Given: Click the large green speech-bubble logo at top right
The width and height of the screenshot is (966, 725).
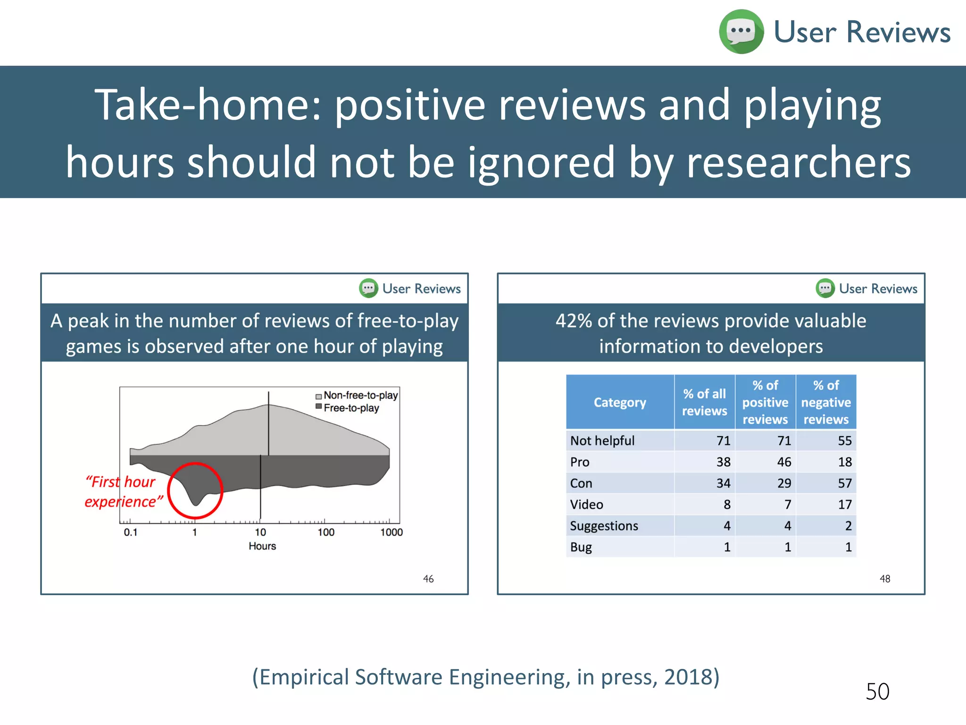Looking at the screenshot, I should click(741, 32).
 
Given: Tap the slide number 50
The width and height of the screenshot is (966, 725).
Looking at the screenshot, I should click(877, 691).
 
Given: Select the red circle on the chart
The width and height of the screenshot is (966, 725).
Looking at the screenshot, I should click(195, 490).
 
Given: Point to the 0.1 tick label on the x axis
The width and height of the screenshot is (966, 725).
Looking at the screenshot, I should click(130, 532).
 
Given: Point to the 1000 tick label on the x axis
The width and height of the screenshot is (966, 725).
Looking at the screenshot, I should click(391, 532).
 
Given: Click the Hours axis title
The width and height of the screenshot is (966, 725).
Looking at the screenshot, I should click(262, 546).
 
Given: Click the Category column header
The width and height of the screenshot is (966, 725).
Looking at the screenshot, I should click(620, 402).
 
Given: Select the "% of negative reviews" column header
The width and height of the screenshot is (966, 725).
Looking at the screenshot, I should click(826, 402).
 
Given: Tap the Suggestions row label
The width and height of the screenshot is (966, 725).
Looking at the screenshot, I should click(604, 526).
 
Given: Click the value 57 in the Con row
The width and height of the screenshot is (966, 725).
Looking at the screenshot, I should click(844, 483).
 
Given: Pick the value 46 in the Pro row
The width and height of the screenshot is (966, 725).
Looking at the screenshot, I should click(784, 462).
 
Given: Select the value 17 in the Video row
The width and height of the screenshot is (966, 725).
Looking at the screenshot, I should click(844, 505).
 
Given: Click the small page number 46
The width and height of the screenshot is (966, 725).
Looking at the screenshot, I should click(428, 579).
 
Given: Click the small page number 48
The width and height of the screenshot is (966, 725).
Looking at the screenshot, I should click(885, 579).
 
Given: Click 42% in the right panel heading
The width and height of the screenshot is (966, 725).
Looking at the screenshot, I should click(573, 321).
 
